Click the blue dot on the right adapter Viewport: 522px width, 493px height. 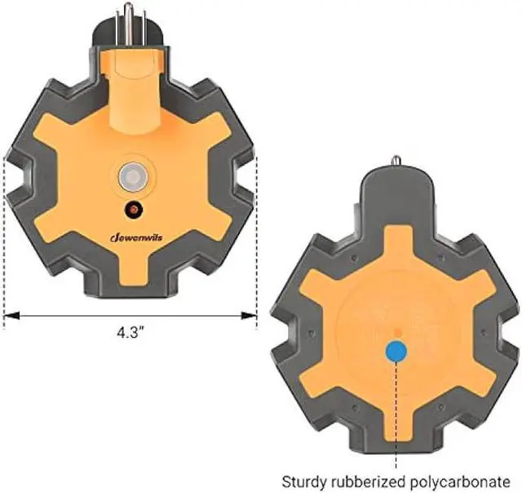click(396, 352)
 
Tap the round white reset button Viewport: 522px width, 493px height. click(134, 176)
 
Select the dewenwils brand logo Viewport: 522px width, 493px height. click(136, 238)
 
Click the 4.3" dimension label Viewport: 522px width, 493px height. click(130, 332)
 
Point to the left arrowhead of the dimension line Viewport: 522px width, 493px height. click(11, 315)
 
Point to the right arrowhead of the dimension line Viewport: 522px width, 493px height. click(249, 315)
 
